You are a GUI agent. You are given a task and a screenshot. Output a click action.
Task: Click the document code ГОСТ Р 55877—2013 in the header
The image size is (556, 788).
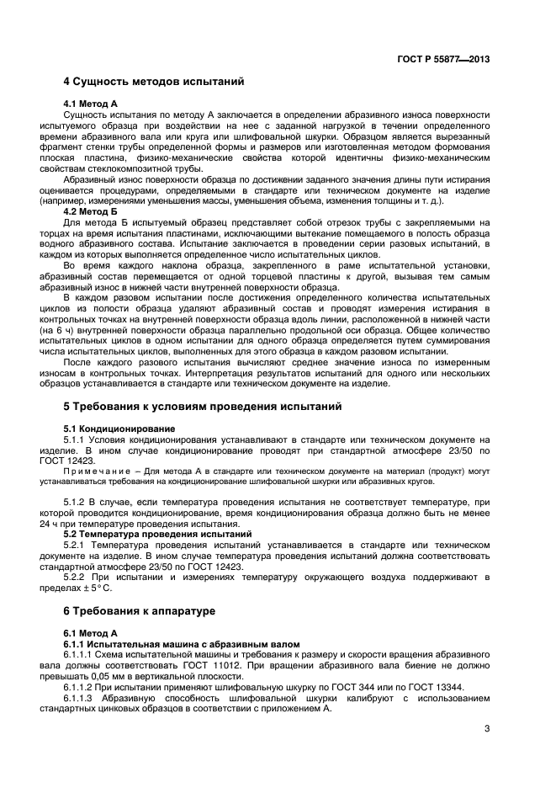click(443, 59)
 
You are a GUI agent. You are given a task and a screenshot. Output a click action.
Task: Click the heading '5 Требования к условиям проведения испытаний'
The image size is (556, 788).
click(203, 407)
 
